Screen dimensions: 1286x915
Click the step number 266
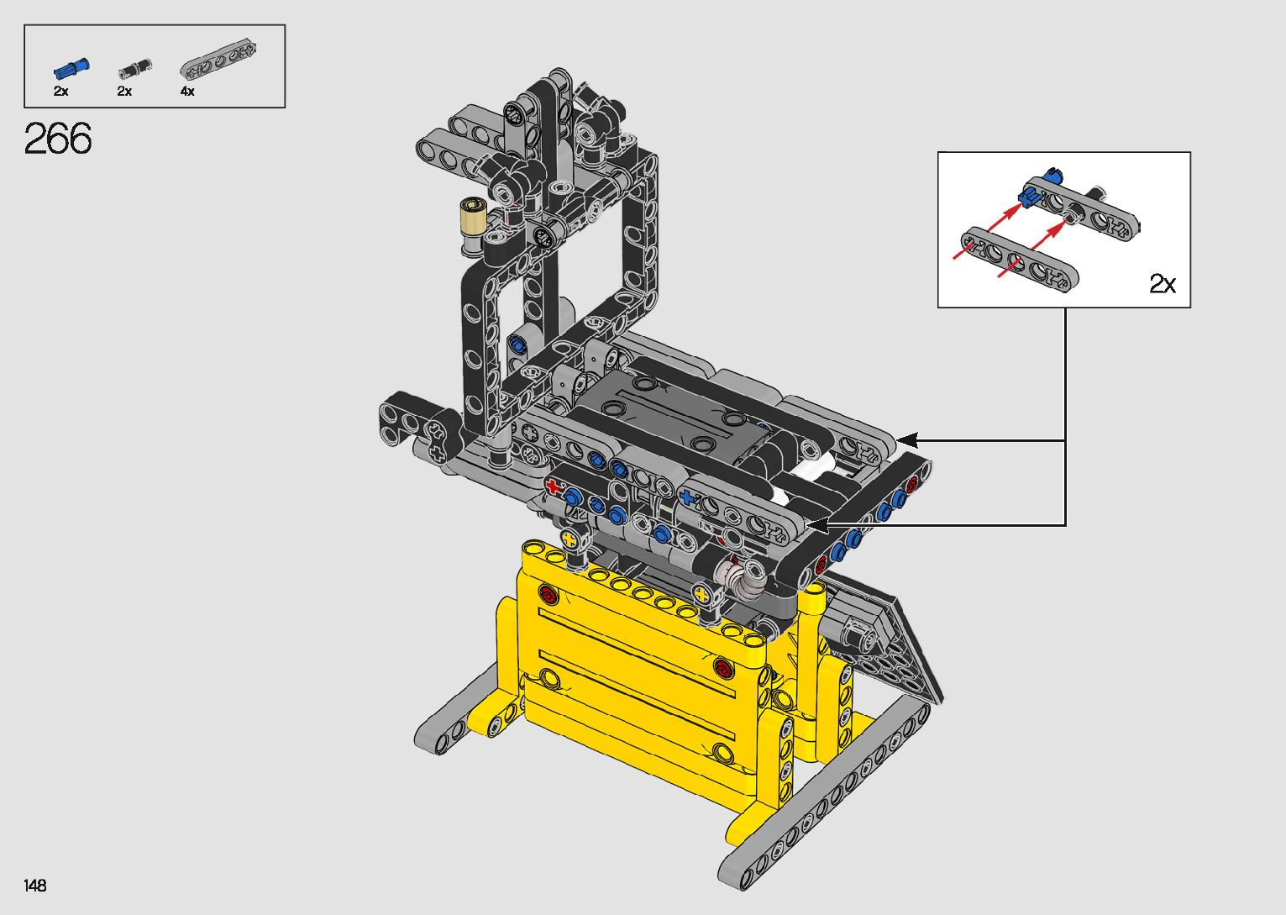pos(57,139)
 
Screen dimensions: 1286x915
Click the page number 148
pos(35,885)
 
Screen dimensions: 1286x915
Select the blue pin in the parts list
pos(71,68)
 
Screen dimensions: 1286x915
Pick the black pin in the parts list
pos(135,68)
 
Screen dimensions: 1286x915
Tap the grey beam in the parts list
pos(218,59)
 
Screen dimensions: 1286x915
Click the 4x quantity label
pos(187,92)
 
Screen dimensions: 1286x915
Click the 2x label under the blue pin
pos(60,92)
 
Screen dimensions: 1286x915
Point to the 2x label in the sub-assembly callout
pos(1163,283)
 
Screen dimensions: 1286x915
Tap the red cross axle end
pos(553,486)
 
